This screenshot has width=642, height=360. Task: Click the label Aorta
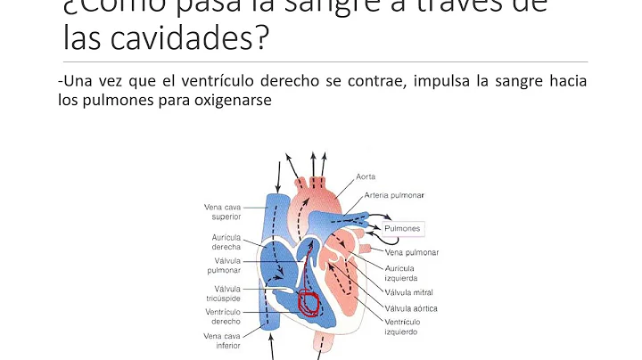click(x=366, y=177)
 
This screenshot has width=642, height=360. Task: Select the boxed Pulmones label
click(x=402, y=229)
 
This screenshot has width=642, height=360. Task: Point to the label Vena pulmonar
click(x=408, y=252)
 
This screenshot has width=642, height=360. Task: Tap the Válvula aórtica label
click(x=412, y=307)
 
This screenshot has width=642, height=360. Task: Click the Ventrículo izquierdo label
click(x=405, y=326)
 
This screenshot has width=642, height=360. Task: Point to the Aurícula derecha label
click(x=223, y=241)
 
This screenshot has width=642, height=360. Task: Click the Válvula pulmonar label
click(x=223, y=267)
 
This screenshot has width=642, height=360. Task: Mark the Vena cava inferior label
click(x=222, y=341)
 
